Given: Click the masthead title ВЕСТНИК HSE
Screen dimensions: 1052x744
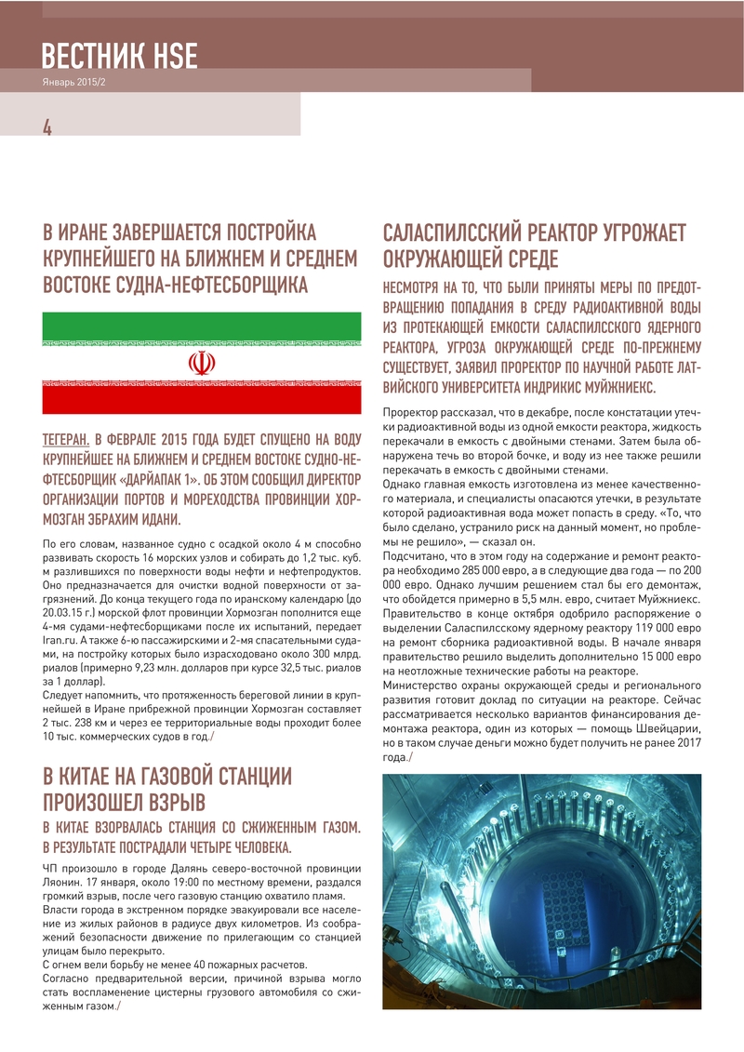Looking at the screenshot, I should [x=119, y=57].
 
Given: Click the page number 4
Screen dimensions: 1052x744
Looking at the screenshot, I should [x=46, y=127].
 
